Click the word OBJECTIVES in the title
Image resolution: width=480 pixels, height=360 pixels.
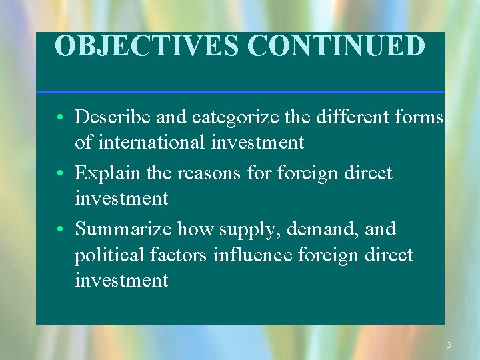148,47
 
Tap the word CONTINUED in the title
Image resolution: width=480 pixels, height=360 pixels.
337,47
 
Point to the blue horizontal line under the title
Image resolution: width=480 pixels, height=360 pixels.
240,91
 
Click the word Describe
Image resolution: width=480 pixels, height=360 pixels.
113,117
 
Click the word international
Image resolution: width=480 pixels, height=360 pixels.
152,142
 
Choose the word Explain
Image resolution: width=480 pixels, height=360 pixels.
106,173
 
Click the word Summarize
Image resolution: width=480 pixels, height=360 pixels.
123,229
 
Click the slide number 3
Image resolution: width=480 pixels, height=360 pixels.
449,345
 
